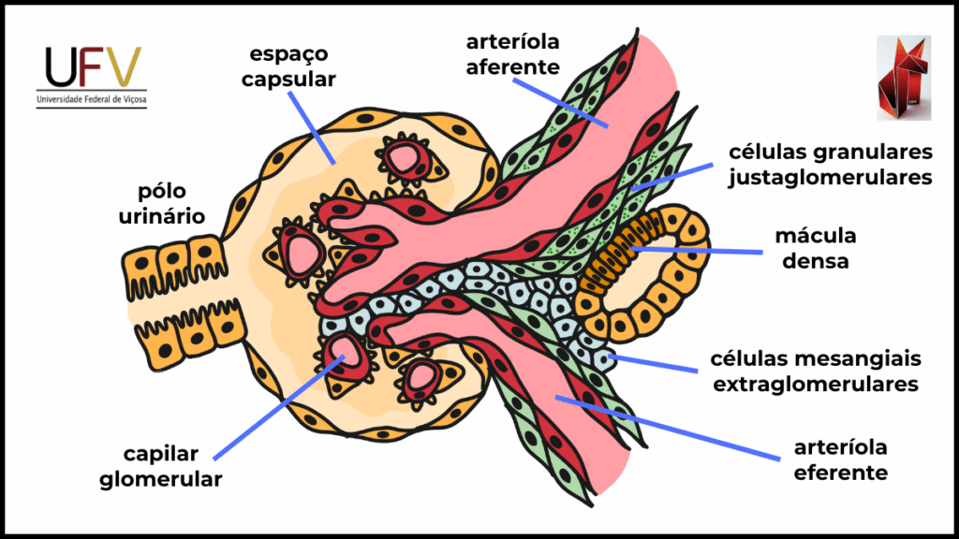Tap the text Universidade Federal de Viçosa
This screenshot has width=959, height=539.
(x=92, y=98)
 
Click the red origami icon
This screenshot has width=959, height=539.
(x=903, y=79)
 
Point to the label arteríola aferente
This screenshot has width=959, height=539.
(x=513, y=54)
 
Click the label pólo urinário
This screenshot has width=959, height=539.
(x=161, y=203)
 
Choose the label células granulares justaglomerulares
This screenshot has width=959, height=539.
(x=830, y=164)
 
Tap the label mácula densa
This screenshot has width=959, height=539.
(x=813, y=247)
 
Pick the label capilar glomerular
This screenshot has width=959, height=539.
(x=173, y=466)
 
